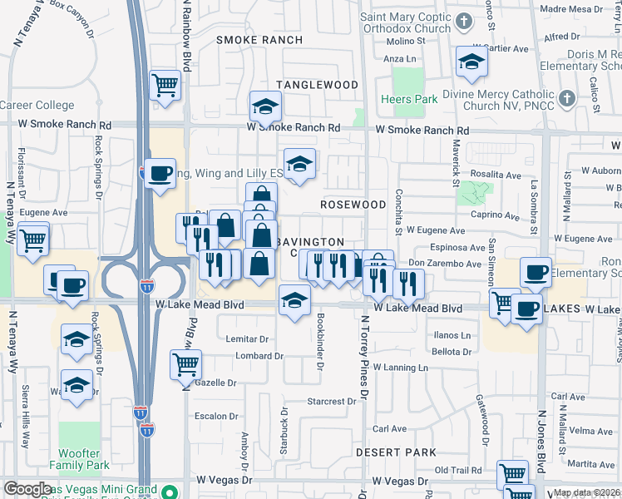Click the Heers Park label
(409, 99)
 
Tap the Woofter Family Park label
(79, 460)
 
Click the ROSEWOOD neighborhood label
(353, 205)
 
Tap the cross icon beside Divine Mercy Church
(566, 99)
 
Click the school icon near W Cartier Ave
(471, 62)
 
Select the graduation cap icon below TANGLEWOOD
(265, 106)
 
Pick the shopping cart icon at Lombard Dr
(185, 363)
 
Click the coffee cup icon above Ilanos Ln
(527, 309)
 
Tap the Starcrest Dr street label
(331, 401)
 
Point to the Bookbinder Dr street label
(321, 343)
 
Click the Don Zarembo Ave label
(445, 264)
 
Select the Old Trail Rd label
(458, 471)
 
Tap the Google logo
(27, 489)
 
